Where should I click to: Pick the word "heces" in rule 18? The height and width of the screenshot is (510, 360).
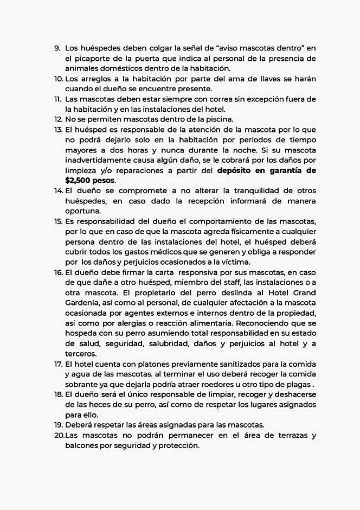point(101,405)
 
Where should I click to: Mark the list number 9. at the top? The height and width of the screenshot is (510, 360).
point(57,48)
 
